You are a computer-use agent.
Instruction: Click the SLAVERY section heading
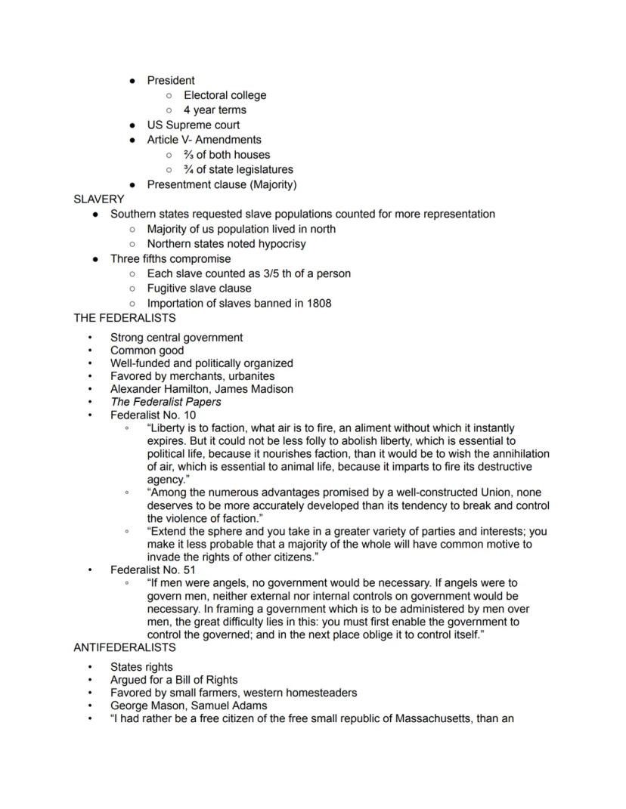[98, 199]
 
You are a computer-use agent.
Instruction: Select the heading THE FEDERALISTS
[125, 318]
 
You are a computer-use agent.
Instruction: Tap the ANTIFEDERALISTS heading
[125, 647]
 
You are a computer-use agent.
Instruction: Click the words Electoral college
[225, 95]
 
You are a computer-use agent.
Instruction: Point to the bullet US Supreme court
[193, 125]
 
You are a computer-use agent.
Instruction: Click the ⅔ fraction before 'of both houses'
[189, 155]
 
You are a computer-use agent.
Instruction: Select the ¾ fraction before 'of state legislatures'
[189, 170]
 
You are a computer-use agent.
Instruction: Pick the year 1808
[318, 303]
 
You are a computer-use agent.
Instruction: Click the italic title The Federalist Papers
[166, 402]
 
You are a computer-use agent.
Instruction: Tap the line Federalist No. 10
[153, 415]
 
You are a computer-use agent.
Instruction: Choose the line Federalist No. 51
[153, 570]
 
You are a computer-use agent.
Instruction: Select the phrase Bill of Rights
[200, 680]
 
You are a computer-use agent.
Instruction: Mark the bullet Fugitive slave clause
[199, 289]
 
